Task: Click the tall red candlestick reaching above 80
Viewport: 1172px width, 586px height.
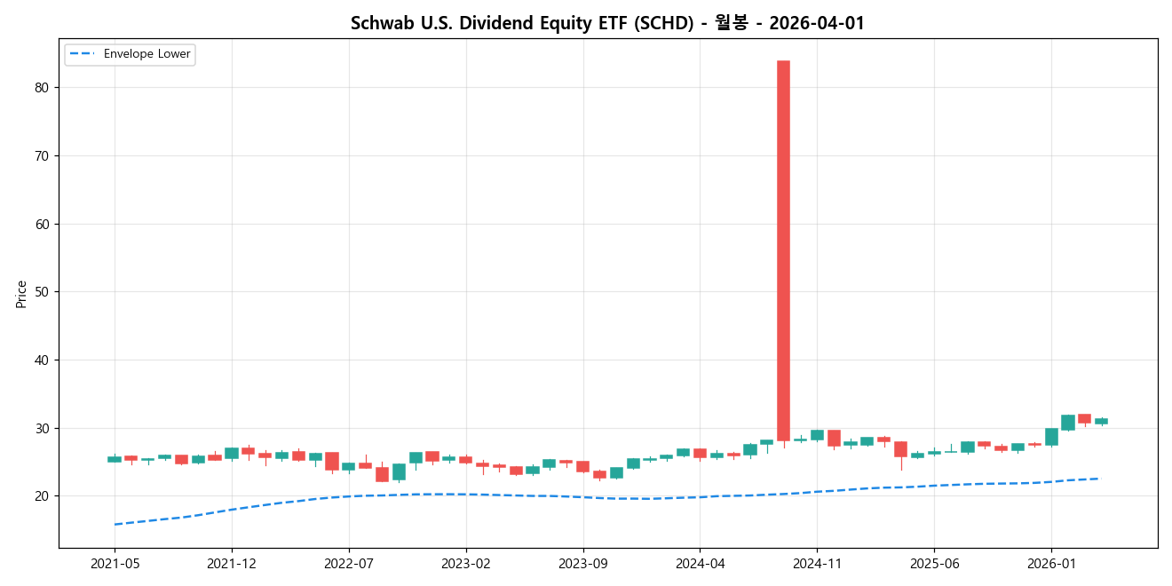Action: point(783,250)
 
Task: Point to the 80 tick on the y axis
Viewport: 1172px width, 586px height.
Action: point(42,88)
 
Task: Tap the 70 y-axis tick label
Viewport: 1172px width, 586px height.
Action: point(42,155)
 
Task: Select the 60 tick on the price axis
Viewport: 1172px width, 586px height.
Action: point(42,224)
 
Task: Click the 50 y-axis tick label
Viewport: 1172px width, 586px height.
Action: point(42,292)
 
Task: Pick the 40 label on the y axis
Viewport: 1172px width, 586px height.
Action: point(42,360)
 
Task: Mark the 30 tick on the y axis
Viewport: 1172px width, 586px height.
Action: point(42,428)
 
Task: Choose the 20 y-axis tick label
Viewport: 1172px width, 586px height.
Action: point(42,496)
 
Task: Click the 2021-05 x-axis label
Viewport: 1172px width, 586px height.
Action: point(115,563)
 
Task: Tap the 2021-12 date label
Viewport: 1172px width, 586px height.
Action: point(232,563)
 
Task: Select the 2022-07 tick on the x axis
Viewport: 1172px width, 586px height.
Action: point(349,563)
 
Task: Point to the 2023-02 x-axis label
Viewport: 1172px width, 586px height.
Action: point(466,563)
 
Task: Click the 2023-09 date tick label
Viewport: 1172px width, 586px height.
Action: point(583,563)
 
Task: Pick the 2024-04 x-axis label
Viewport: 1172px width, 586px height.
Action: point(700,563)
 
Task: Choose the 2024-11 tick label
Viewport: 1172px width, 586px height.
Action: point(817,563)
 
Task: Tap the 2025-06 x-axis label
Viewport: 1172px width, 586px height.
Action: point(934,563)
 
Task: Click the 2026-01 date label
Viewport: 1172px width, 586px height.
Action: point(1051,563)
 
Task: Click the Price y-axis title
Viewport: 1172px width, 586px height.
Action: point(21,293)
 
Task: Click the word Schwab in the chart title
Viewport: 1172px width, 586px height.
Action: point(376,24)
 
